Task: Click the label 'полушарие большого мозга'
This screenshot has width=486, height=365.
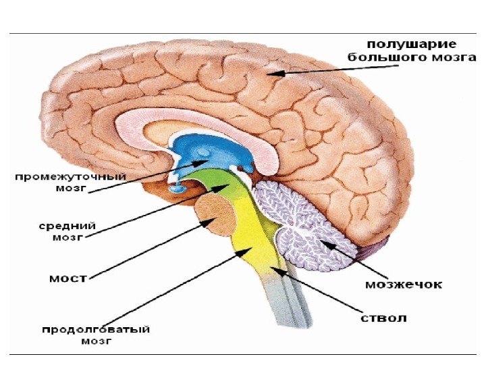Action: click(x=406, y=50)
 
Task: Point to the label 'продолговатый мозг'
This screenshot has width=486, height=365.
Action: click(x=95, y=335)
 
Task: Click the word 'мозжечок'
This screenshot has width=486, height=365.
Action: click(x=404, y=285)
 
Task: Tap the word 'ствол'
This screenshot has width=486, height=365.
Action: click(x=381, y=317)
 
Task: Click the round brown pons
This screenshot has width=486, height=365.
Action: click(x=215, y=215)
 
